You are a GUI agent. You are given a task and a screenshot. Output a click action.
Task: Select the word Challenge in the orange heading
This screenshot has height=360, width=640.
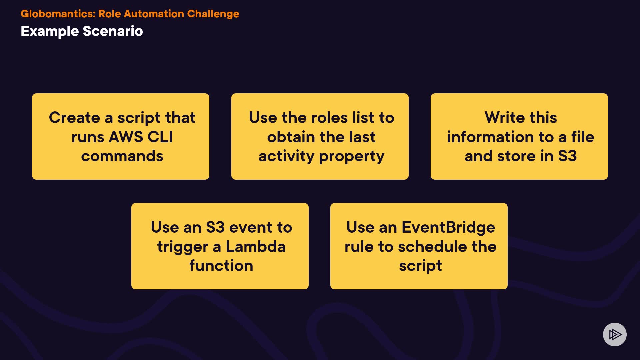tap(213, 14)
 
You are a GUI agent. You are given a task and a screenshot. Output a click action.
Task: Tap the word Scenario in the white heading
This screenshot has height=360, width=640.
tap(113, 31)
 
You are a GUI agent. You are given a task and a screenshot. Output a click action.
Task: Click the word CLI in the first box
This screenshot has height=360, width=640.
tap(160, 137)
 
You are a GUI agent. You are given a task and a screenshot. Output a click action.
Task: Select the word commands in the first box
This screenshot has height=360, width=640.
tap(122, 156)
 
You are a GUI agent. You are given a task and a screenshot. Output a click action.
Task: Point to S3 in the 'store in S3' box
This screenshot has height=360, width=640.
tap(567, 156)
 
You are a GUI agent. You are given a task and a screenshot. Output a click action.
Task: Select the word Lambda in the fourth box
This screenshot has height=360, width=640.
tap(255, 247)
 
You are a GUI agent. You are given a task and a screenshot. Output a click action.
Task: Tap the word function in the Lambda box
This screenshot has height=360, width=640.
tap(221, 266)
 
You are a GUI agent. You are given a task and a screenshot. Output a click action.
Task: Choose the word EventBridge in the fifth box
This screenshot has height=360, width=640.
tap(448, 228)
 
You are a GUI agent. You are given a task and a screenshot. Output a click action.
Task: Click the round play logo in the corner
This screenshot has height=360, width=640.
tap(615, 334)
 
